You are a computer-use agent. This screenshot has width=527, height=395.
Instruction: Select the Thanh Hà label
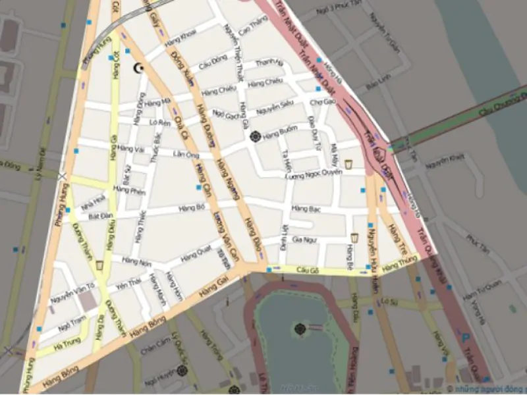pos(268,63)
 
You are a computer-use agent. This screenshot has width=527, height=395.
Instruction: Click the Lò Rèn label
pos(160,122)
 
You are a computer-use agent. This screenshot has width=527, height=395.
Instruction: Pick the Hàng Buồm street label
pos(280,136)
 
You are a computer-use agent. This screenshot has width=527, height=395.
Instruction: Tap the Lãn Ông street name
pos(185,155)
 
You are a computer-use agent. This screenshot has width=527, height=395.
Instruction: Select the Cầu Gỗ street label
pos(308,271)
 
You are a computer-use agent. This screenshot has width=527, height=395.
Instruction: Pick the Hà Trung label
pos(67,343)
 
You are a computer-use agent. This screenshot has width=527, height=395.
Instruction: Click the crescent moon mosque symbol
pos(139,68)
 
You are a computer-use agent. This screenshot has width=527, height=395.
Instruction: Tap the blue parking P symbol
pos(466,338)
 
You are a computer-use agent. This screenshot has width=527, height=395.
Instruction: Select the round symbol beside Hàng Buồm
pos(256,136)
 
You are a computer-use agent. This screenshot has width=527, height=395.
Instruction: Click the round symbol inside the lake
pos(300,328)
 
